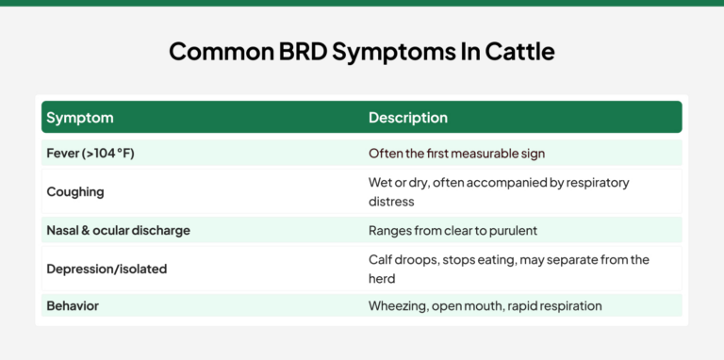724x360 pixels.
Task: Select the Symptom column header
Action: pyautogui.click(x=80, y=118)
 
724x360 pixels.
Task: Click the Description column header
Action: pyautogui.click(x=407, y=118)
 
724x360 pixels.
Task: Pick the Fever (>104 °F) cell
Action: pyautogui.click(x=90, y=153)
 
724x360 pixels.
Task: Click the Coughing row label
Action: pyautogui.click(x=75, y=191)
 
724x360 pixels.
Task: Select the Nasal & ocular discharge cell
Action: pyautogui.click(x=118, y=230)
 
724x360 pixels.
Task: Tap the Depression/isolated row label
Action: pyautogui.click(x=107, y=269)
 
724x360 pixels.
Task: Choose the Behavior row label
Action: pyautogui.click(x=73, y=306)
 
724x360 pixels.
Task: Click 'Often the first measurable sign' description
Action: pyautogui.click(x=456, y=153)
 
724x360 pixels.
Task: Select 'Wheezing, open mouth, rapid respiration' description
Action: pyautogui.click(x=485, y=306)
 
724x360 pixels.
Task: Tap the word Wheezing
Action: pyautogui.click(x=398, y=306)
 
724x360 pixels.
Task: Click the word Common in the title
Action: pyautogui.click(x=214, y=51)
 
